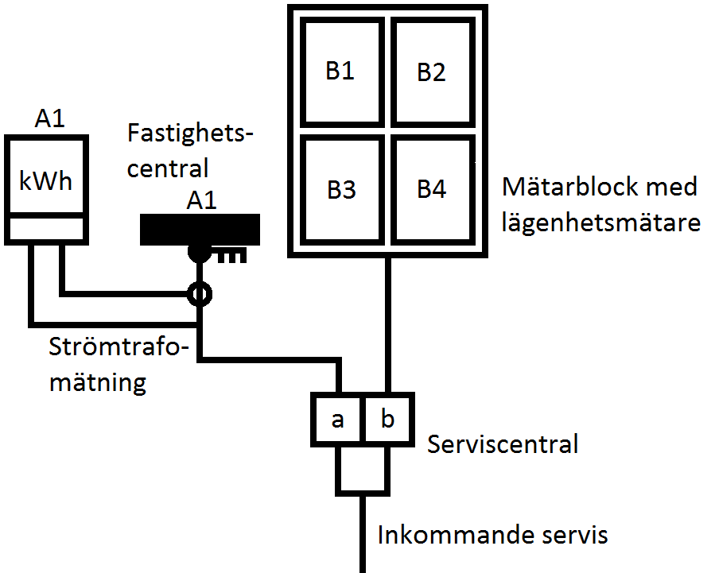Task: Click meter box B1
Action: click(340, 72)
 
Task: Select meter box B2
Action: click(432, 72)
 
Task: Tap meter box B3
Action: click(340, 190)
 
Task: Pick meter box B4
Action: click(432, 190)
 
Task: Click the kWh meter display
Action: click(45, 181)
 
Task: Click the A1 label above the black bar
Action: click(201, 200)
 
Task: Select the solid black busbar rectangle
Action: click(200, 229)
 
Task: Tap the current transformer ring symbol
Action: click(200, 296)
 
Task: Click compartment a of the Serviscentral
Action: click(338, 419)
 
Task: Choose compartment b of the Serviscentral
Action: click(387, 419)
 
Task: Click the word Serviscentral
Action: click(503, 443)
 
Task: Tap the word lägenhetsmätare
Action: click(601, 223)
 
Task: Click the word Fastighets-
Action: click(188, 134)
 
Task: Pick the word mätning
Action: click(98, 383)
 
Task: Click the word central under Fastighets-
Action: click(168, 168)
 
